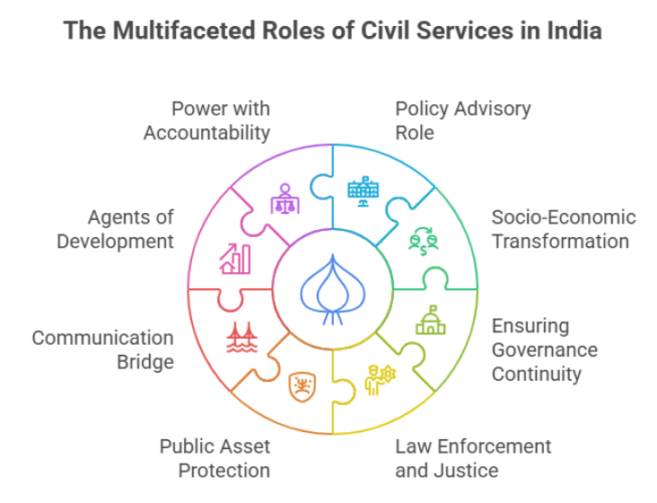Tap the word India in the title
click(x=570, y=31)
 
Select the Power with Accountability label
click(x=207, y=120)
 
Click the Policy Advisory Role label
click(x=462, y=120)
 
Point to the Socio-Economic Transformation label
click(x=563, y=229)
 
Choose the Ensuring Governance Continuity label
click(x=544, y=349)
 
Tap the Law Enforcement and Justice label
click(x=473, y=458)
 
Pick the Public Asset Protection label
click(x=215, y=458)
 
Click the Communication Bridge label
click(x=103, y=349)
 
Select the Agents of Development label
click(x=130, y=229)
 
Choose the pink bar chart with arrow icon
click(x=235, y=258)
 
